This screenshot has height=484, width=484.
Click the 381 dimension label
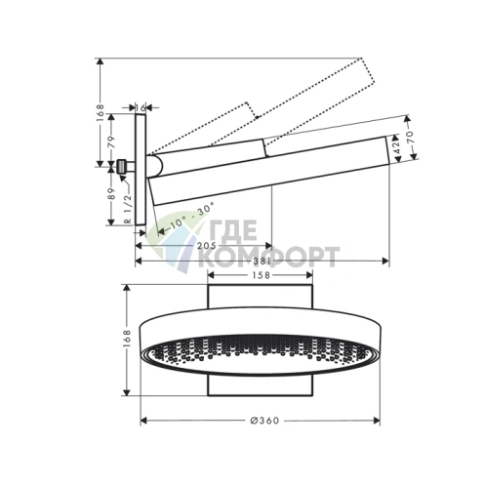(x=262, y=262)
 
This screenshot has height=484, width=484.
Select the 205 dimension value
(x=206, y=246)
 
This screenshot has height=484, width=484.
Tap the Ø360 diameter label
(x=264, y=421)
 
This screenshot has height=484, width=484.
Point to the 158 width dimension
(x=261, y=275)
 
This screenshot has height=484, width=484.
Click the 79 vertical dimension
(x=111, y=142)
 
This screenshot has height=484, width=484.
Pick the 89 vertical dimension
(x=111, y=194)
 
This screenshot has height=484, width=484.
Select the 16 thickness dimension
(x=141, y=107)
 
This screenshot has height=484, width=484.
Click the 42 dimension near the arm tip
(x=396, y=148)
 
